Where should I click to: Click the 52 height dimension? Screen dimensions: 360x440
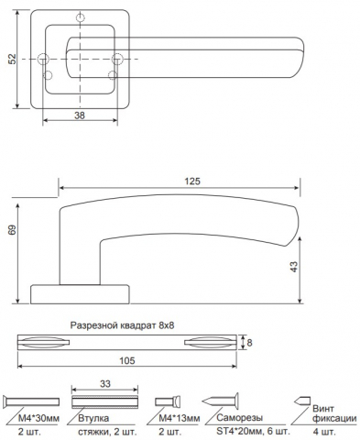coord(12,59)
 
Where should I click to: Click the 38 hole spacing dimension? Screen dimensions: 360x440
coord(80,115)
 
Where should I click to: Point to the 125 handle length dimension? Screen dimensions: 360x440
coord(192,181)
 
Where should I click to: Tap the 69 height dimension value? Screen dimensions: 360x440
coord(12,230)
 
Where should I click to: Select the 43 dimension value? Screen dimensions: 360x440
coord(293,267)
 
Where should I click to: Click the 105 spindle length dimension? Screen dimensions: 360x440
coord(127,361)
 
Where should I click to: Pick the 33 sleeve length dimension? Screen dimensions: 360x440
coord(105,384)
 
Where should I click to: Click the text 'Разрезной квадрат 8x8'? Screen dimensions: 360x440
coord(122,325)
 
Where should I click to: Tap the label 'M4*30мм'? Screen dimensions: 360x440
coord(38,418)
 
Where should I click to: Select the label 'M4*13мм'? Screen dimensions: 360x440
coord(180,418)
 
